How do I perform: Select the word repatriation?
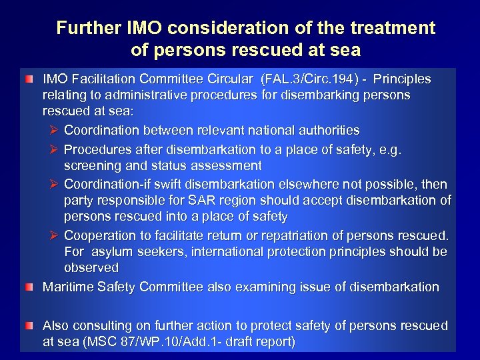coord(307,235)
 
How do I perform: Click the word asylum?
coord(112,252)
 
